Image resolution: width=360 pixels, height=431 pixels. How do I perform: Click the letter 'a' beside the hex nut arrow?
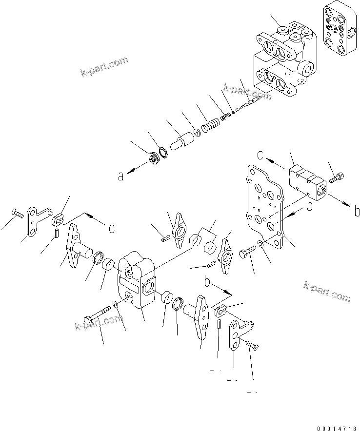tap(121, 176)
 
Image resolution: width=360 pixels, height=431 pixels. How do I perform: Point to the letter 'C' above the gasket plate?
tap(261, 156)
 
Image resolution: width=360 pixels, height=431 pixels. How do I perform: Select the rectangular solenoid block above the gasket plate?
tap(306, 183)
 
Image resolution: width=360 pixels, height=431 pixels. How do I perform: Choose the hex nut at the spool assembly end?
tap(154, 159)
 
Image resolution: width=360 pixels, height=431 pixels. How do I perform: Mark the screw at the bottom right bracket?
tap(253, 345)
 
